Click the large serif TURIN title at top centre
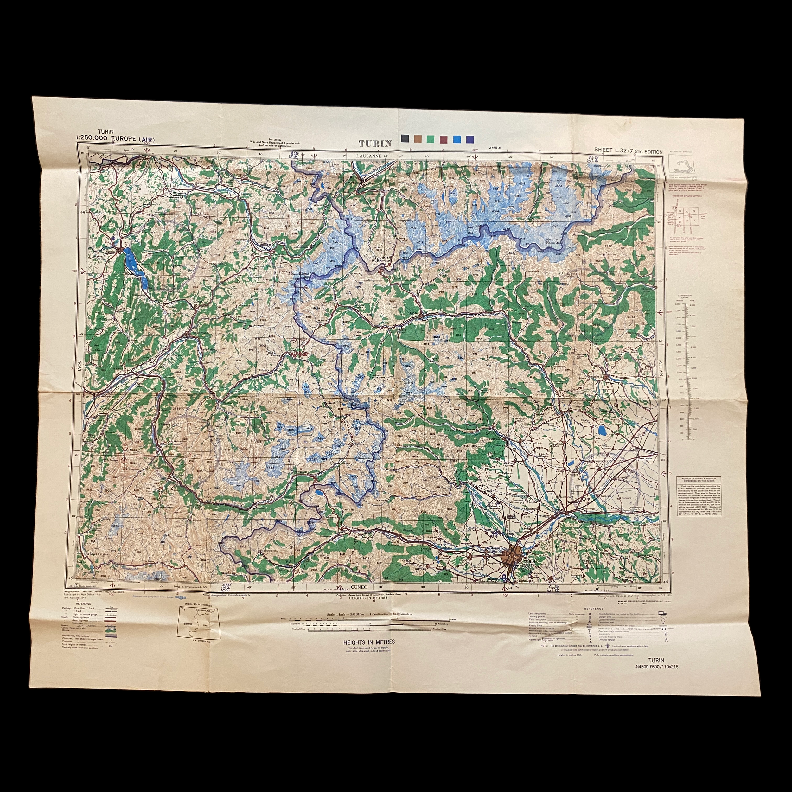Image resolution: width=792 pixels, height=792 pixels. click(375, 144)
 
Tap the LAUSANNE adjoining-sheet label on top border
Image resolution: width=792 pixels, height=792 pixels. click(368, 156)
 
